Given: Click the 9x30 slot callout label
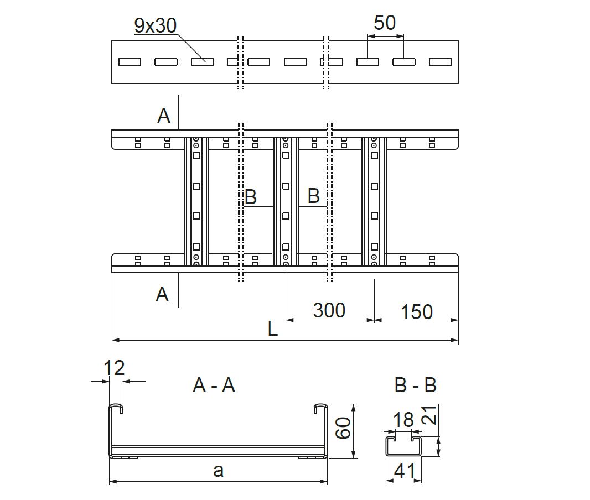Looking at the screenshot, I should pyautogui.click(x=154, y=26).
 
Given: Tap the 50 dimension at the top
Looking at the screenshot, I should pyautogui.click(x=385, y=23).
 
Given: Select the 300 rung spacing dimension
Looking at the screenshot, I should pyautogui.click(x=329, y=310).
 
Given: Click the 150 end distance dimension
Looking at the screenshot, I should pyautogui.click(x=416, y=312).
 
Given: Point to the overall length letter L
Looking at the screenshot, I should pyautogui.click(x=272, y=330).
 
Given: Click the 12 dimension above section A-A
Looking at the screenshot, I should pyautogui.click(x=115, y=368).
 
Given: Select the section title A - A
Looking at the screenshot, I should pyautogui.click(x=214, y=386).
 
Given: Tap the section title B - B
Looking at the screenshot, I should pyautogui.click(x=415, y=385).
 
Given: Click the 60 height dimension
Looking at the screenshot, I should pyautogui.click(x=344, y=429).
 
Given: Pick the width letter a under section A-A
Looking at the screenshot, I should pyautogui.click(x=219, y=471).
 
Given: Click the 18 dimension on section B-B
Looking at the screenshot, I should pyautogui.click(x=403, y=420).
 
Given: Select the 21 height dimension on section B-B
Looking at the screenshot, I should pyautogui.click(x=429, y=414).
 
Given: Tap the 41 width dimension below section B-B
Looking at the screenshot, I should pyautogui.click(x=405, y=471).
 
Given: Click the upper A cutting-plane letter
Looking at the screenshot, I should pyautogui.click(x=164, y=116).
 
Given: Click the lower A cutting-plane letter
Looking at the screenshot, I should pyautogui.click(x=162, y=294).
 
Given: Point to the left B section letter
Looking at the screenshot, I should pyautogui.click(x=250, y=196).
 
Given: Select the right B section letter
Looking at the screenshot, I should pyautogui.click(x=313, y=196).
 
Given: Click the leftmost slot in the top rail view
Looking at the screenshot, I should pyautogui.click(x=130, y=62).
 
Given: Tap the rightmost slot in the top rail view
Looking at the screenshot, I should pyautogui.click(x=440, y=62).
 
